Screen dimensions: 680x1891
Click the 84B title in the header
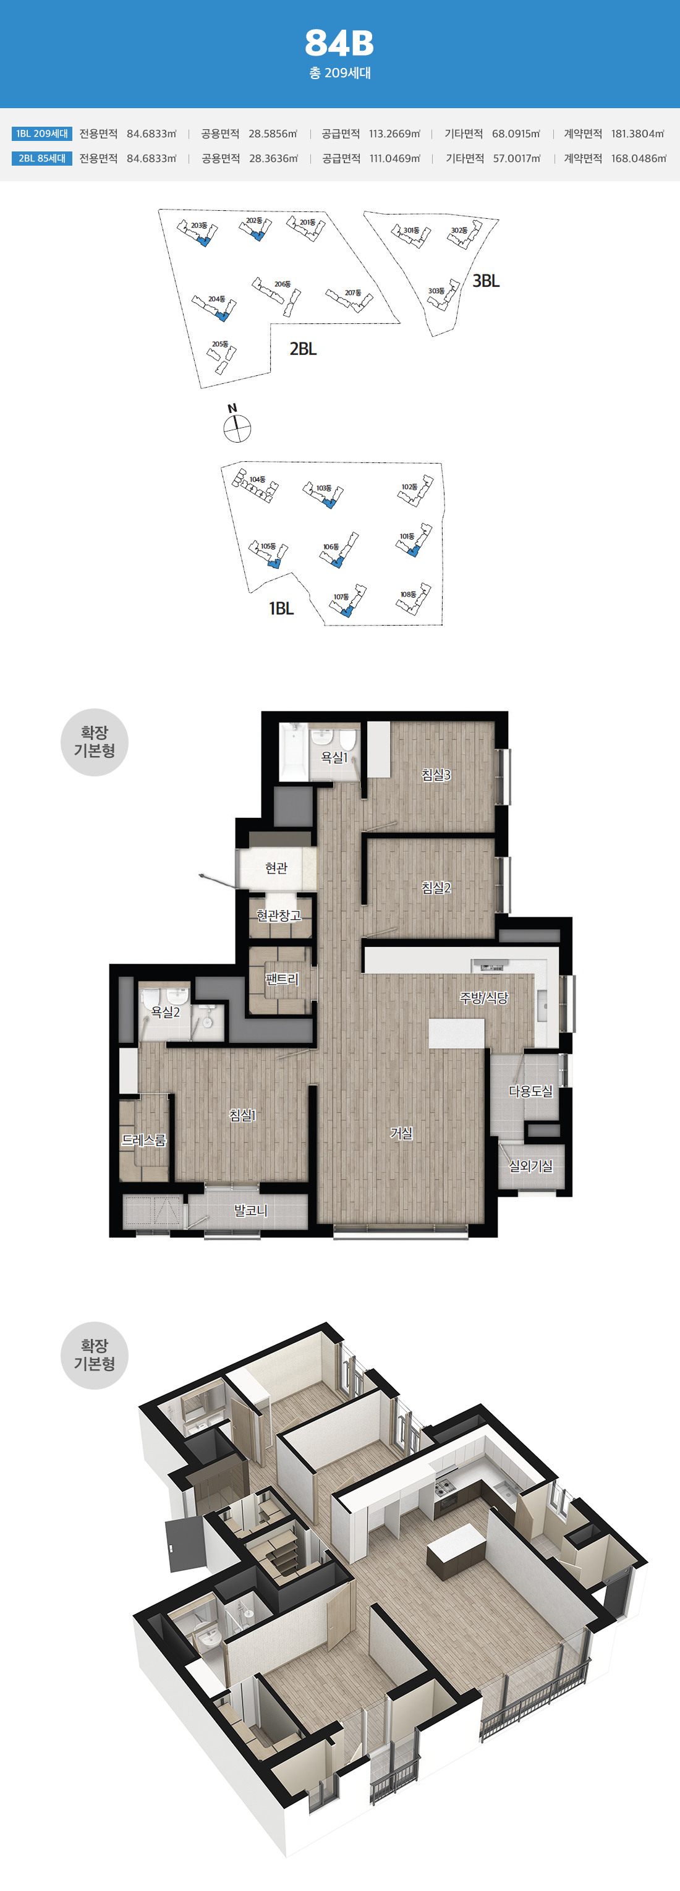click(339, 43)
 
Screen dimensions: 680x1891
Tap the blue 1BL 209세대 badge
click(42, 134)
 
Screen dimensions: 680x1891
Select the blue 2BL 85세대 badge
click(42, 158)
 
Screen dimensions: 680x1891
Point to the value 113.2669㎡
click(394, 134)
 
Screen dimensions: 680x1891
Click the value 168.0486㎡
click(639, 158)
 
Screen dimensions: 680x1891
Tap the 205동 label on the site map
click(220, 344)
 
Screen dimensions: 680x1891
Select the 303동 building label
click(436, 291)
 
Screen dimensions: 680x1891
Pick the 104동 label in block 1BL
click(257, 479)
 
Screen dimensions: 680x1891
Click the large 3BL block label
click(485, 281)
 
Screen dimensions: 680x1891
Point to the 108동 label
click(408, 595)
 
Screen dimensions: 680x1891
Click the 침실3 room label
click(436, 775)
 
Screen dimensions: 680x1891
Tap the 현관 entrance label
click(276, 868)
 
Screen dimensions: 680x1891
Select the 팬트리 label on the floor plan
click(282, 979)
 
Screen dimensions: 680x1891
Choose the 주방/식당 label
click(484, 998)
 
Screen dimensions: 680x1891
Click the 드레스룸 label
click(144, 1140)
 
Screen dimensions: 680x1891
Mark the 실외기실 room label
click(531, 1166)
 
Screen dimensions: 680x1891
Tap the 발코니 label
click(250, 1210)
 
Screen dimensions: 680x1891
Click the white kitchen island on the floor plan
click(456, 1032)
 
